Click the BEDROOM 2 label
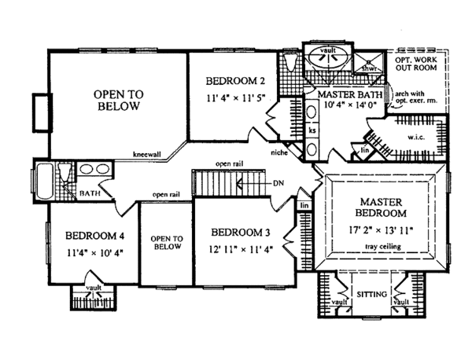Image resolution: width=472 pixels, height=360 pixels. click(x=232, y=81)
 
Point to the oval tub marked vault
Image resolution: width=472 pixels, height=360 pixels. click(x=325, y=57)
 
